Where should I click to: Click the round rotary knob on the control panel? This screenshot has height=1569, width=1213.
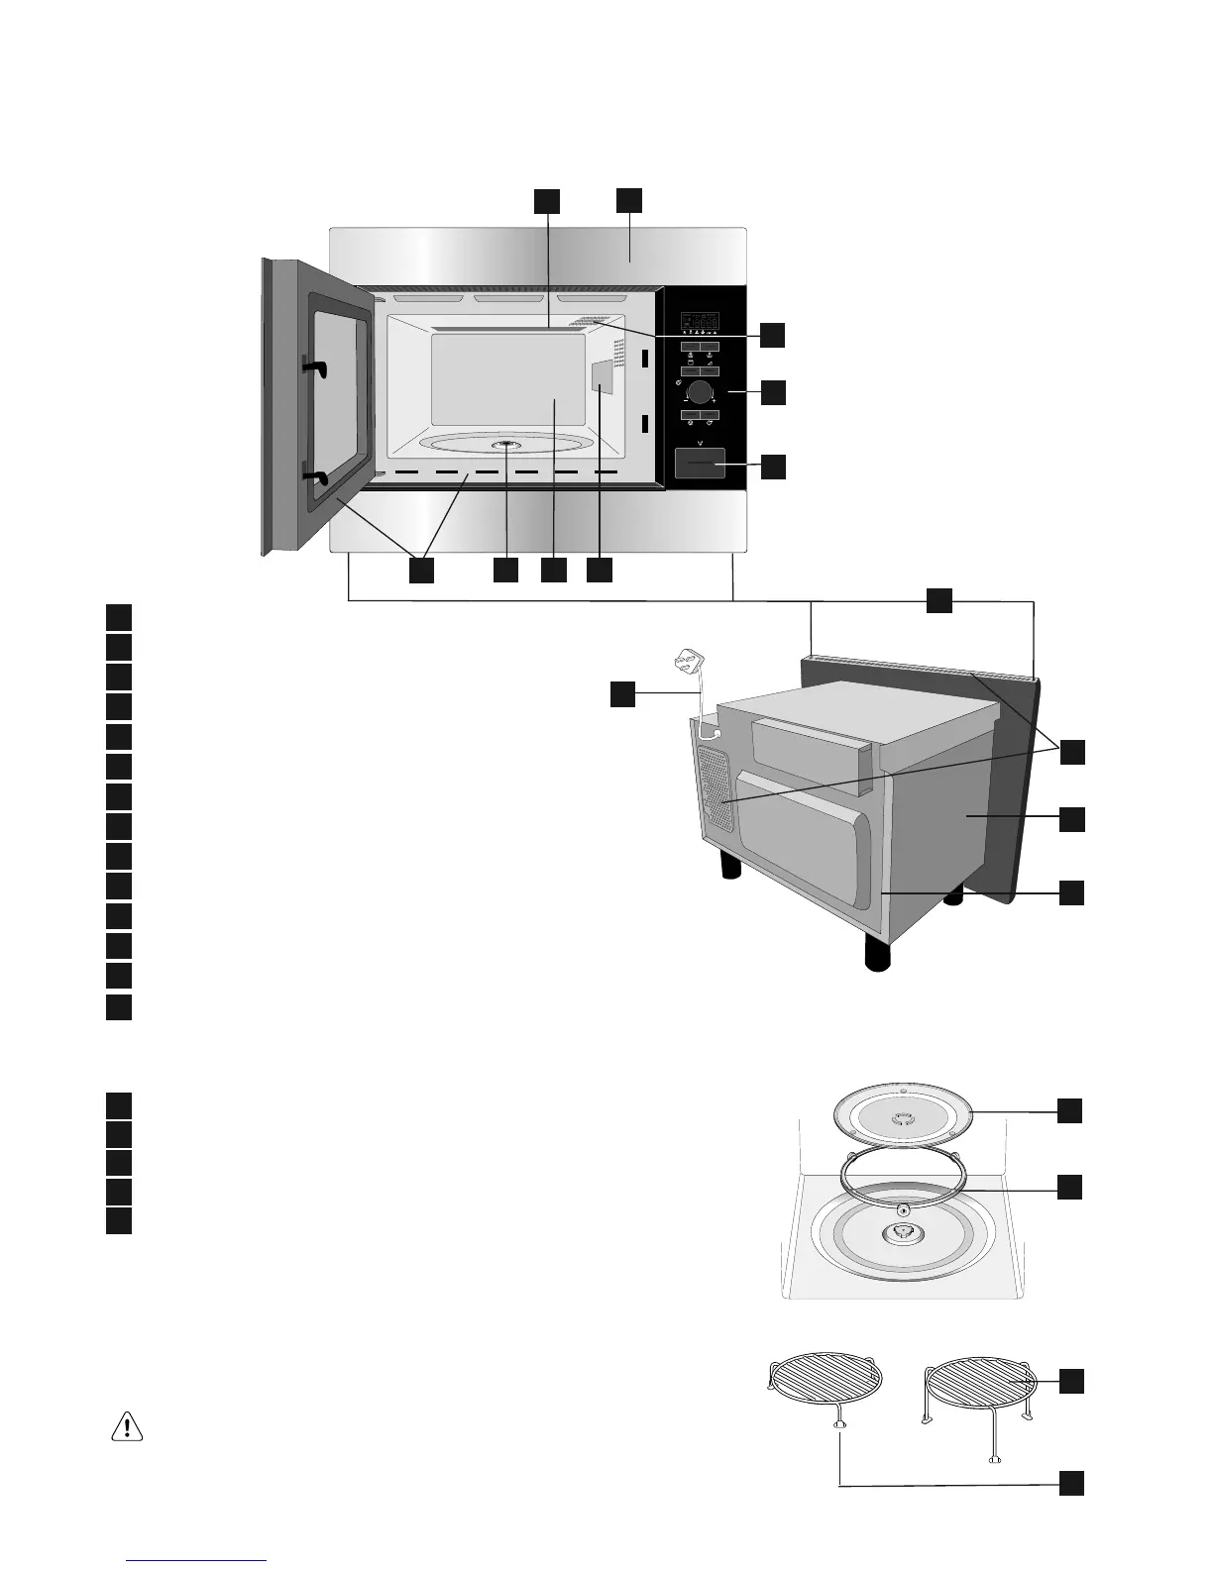click(x=701, y=390)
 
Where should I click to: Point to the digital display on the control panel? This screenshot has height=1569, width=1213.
click(x=701, y=323)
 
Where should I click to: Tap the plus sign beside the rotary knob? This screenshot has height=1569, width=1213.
click(x=714, y=400)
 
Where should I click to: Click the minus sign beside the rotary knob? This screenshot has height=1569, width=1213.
click(x=686, y=400)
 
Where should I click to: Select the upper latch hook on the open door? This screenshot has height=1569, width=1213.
click(x=314, y=367)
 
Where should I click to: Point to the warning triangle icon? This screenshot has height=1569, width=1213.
click(x=127, y=1426)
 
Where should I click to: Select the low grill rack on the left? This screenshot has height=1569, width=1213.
click(x=825, y=1380)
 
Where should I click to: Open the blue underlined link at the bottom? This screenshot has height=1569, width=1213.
click(x=197, y=1560)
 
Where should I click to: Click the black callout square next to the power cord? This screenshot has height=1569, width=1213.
click(x=622, y=694)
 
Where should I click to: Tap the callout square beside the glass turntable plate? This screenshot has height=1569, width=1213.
click(x=1069, y=1110)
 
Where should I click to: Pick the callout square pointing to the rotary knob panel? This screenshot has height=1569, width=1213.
click(x=773, y=391)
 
